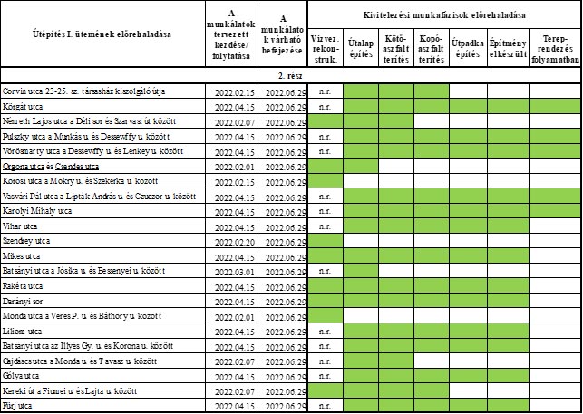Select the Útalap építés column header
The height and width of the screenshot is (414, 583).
[363, 47]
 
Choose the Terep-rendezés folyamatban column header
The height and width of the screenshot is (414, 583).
[555, 47]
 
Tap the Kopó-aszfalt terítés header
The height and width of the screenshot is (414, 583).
[431, 47]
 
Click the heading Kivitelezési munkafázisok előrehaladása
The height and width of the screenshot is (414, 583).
[445, 16]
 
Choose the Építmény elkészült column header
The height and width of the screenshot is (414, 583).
[509, 47]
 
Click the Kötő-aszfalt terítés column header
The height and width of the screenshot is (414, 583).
[396, 47]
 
